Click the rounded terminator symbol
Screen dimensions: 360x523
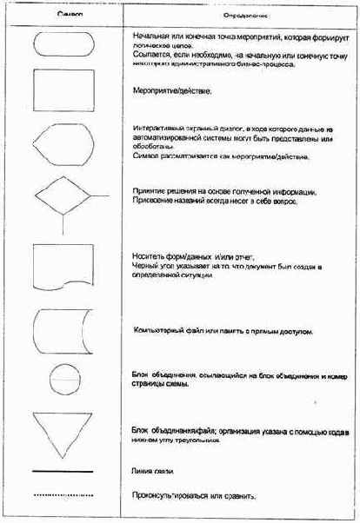click(63, 45)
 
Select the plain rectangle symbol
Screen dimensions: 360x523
click(63, 89)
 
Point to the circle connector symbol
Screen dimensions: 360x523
click(63, 380)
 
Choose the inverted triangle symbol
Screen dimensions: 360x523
click(63, 434)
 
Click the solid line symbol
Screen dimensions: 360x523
click(63, 472)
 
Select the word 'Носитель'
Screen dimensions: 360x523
click(148, 256)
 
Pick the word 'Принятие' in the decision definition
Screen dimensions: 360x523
click(150, 191)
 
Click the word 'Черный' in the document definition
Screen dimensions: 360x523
click(143, 266)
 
